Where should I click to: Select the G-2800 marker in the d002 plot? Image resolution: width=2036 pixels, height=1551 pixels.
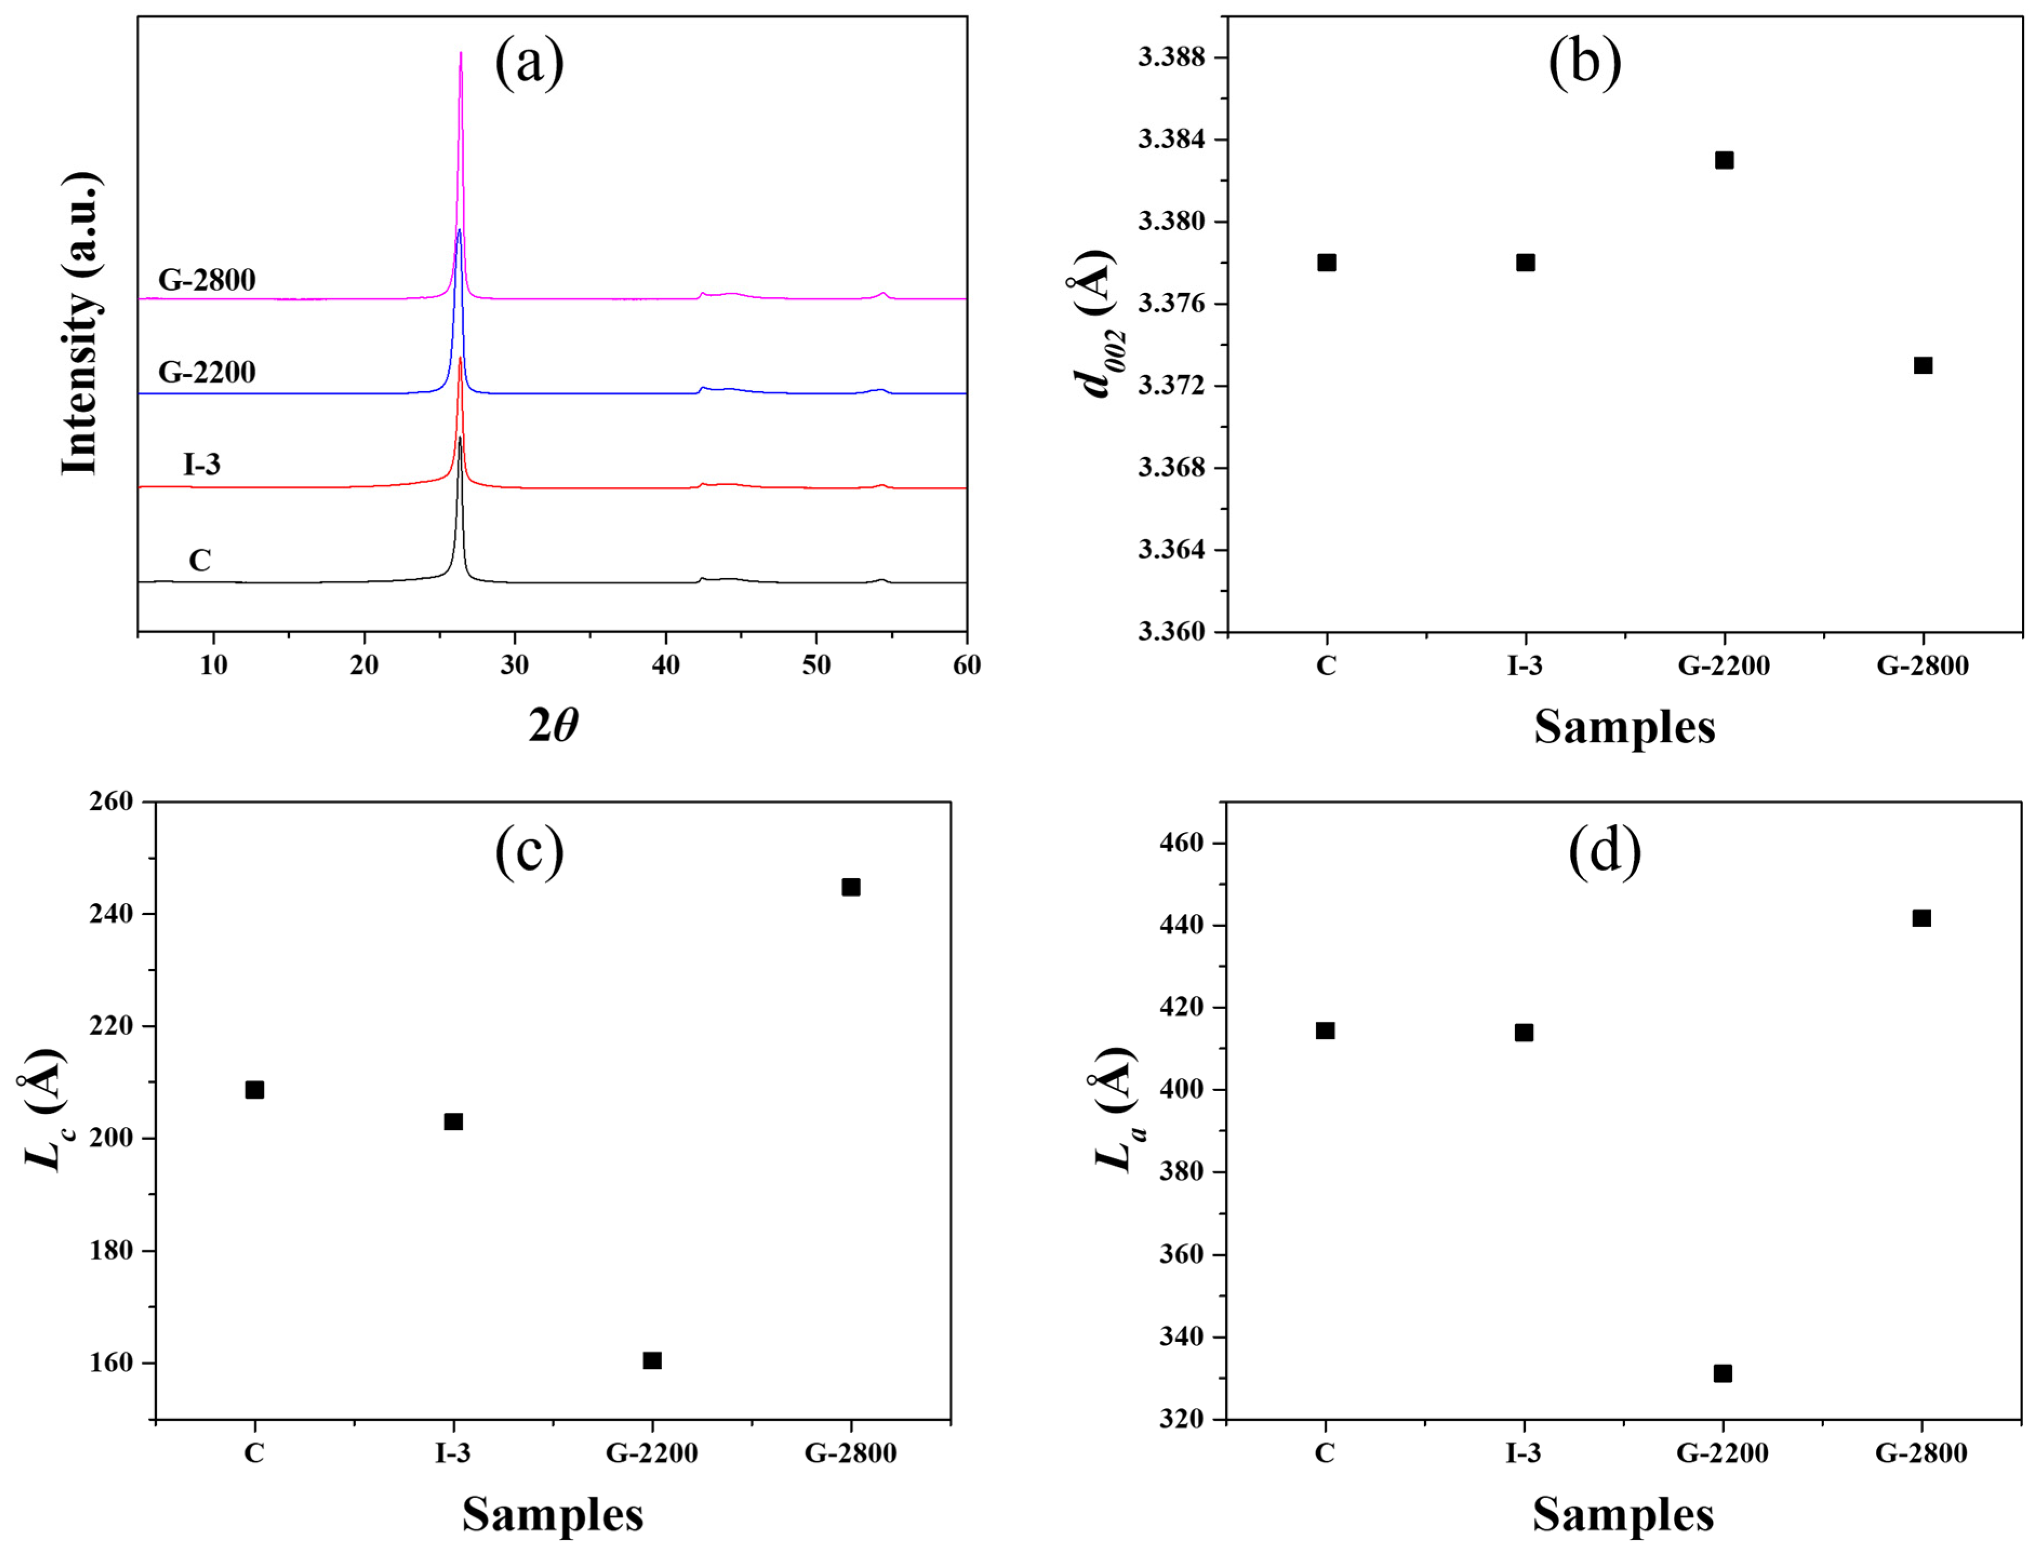[1922, 365]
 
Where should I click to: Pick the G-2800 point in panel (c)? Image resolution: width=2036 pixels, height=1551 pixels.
[850, 887]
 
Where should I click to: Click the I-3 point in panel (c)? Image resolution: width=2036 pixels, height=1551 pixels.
[453, 1122]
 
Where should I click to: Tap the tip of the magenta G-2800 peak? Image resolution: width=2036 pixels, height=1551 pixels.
[460, 54]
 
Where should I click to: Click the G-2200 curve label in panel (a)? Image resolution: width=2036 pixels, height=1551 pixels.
[207, 372]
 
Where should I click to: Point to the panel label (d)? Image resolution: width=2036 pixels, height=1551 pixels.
[1605, 850]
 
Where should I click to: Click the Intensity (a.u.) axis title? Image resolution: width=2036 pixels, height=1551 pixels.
[81, 323]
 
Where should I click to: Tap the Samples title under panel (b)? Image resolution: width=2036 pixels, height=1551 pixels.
[1624, 727]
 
